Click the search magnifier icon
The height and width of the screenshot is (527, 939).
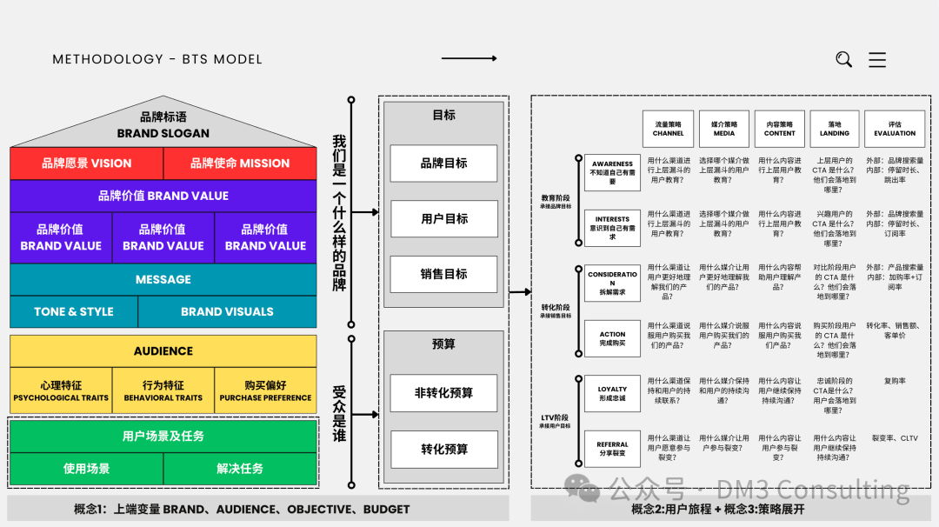[x=843, y=59]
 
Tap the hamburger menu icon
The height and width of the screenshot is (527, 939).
[x=877, y=59]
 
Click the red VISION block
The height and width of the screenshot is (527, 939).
[x=87, y=163]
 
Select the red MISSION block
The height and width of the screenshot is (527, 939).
[x=240, y=163]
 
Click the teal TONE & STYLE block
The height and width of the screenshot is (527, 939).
[x=74, y=311]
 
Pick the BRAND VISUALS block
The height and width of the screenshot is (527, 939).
[x=227, y=311]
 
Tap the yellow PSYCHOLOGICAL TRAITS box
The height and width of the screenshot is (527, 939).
[x=61, y=390]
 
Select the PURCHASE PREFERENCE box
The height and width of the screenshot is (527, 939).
[x=265, y=390]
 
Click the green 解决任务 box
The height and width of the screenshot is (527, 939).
[x=240, y=469]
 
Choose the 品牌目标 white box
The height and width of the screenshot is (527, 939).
[x=443, y=163]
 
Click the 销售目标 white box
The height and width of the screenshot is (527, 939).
[x=443, y=274]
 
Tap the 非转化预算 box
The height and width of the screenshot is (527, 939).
[x=443, y=393]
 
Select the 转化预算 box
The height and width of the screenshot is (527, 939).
[x=443, y=449]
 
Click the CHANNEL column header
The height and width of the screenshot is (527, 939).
[x=668, y=128]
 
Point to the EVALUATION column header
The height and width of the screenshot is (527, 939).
[x=895, y=128]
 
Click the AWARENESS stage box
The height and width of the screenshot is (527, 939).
[x=612, y=172]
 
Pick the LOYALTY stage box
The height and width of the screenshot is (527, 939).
[x=612, y=394]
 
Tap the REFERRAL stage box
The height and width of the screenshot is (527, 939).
[x=612, y=449]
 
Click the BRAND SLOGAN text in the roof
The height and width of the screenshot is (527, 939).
[x=163, y=133]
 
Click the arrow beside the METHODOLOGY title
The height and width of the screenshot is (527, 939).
[x=469, y=58]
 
